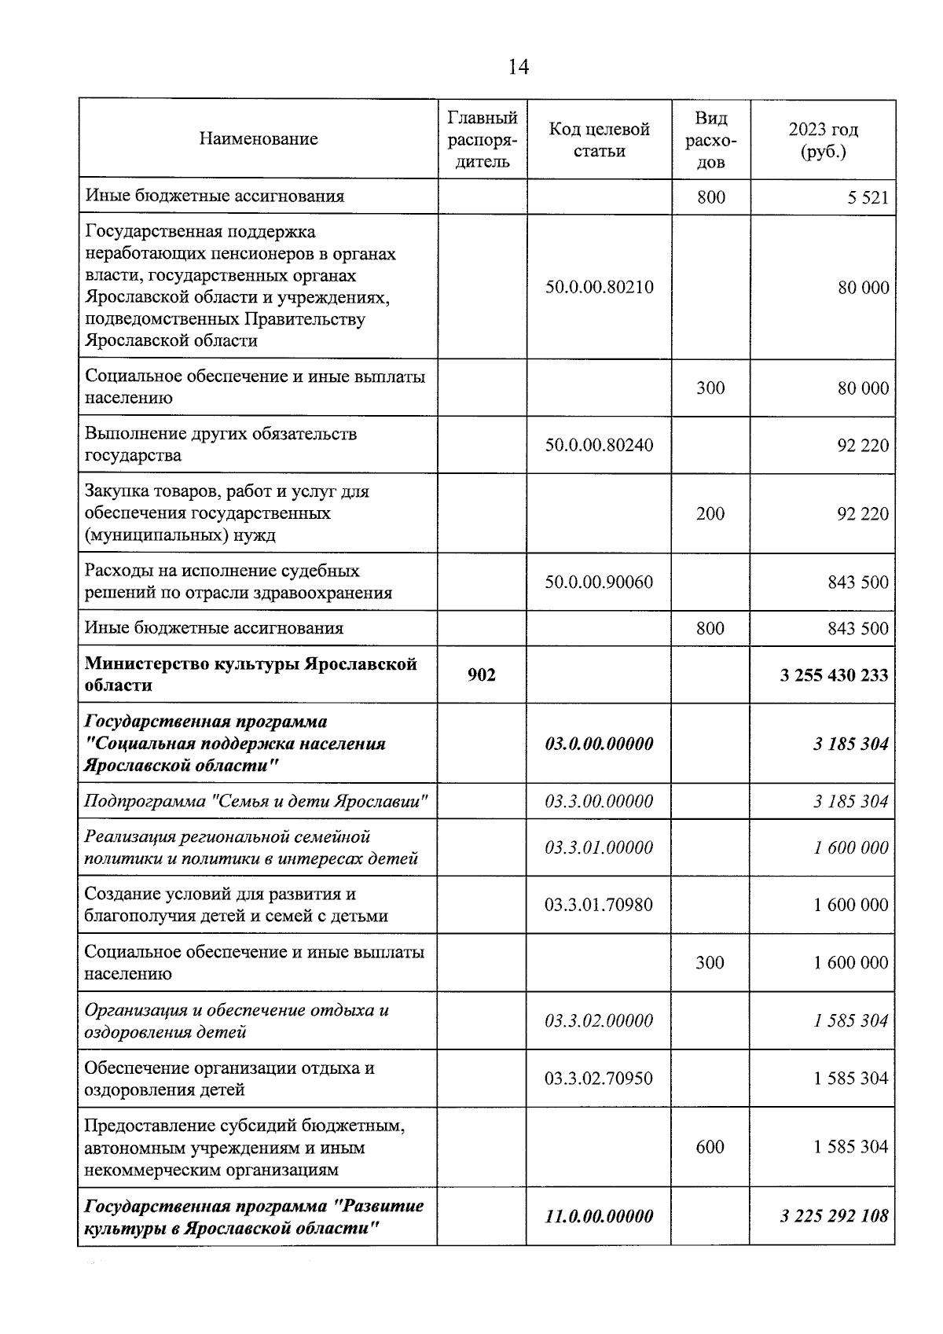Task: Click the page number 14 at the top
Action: [x=518, y=67]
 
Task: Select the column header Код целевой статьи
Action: [x=599, y=140]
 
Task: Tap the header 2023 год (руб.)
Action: [x=823, y=140]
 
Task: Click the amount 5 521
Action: [x=868, y=197]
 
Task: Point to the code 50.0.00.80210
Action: [x=599, y=287]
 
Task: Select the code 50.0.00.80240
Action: [x=599, y=445]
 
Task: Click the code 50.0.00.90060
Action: [x=599, y=582]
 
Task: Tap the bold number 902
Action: [x=481, y=674]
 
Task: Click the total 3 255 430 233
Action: [x=834, y=674]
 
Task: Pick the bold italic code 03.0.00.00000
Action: [x=599, y=744]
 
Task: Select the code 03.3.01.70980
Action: [x=599, y=905]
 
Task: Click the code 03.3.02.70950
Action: [x=599, y=1079]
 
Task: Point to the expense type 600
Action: [x=710, y=1147]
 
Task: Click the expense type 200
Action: [x=710, y=513]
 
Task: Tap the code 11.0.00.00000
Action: [x=599, y=1216]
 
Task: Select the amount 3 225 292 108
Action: [x=834, y=1216]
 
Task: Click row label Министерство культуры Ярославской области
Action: [x=250, y=674]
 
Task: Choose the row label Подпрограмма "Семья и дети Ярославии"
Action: [x=256, y=802]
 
